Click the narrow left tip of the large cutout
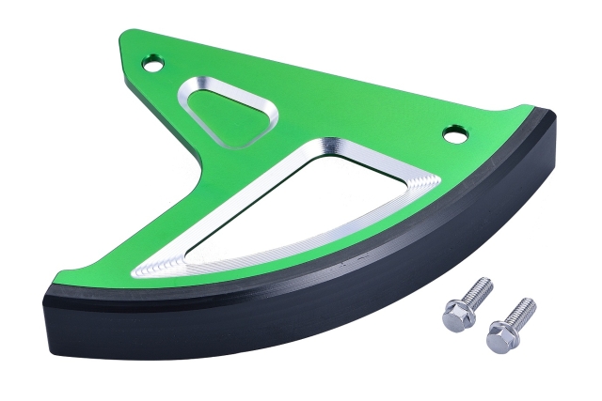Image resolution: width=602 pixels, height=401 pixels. point(141,270)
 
